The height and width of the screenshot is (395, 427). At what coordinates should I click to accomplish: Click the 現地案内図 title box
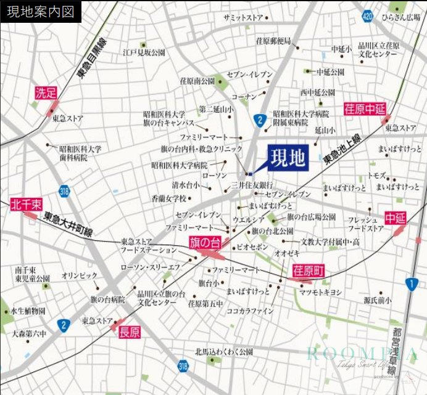41,12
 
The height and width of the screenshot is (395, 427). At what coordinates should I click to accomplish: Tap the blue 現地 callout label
288,158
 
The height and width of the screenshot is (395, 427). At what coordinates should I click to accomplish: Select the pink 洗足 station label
46,93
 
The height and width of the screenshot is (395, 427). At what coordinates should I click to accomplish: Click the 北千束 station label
26,204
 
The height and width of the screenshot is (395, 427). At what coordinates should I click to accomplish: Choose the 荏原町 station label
307,271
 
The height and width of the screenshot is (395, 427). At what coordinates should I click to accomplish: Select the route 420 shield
367,16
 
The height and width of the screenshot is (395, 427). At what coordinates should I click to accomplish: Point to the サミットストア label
244,18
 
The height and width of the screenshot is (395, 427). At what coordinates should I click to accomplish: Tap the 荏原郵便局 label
273,41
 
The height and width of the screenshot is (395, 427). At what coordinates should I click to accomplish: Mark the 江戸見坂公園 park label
144,53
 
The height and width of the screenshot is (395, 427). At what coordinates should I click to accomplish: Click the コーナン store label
244,97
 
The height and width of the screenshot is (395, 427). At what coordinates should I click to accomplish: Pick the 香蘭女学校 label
168,198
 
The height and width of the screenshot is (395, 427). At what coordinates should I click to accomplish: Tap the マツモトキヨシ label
320,292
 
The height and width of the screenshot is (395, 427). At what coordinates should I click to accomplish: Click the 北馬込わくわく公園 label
224,352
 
